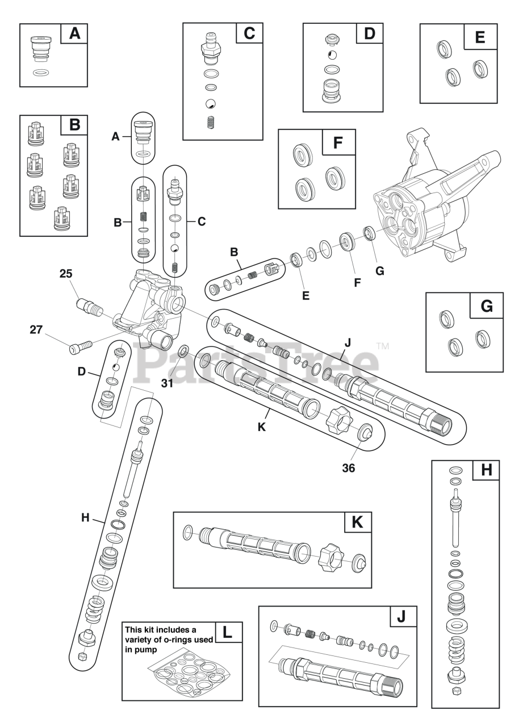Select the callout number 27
pos(36,329)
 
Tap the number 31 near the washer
pos(166,383)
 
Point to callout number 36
pos(348,469)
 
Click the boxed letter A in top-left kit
pos(74,34)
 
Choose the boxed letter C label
pos(249,34)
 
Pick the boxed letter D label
pos(370,34)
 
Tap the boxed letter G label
pos(486,306)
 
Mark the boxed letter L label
pos(228,633)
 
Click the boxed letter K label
pos(357,523)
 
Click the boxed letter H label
pos(486,470)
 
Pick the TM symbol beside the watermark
pos(382,345)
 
